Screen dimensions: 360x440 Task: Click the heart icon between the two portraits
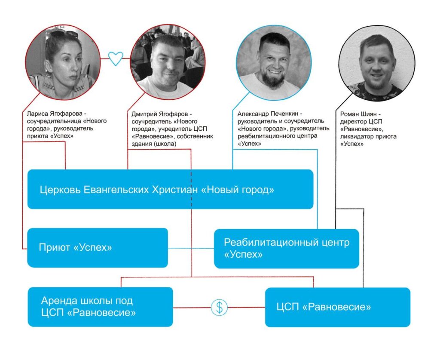click(115, 58)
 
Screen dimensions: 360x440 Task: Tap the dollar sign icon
click(219, 307)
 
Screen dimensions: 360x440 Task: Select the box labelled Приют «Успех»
click(98, 248)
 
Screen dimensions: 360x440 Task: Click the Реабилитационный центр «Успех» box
click(286, 248)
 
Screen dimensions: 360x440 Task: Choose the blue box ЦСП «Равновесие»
click(337, 307)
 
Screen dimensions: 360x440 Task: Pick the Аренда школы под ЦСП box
click(100, 307)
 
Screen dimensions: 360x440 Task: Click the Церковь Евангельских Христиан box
click(170, 190)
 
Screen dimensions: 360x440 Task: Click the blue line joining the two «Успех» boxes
click(191, 248)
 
